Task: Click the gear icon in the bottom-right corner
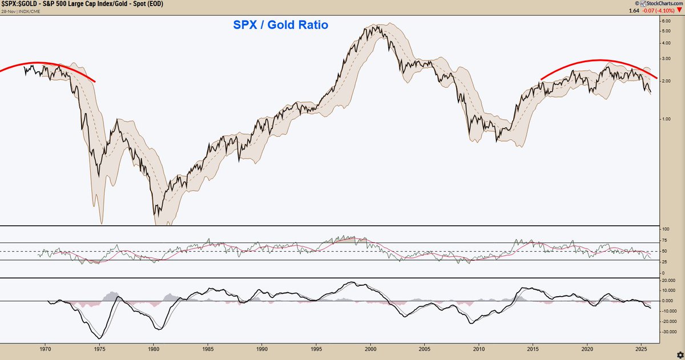(678, 354)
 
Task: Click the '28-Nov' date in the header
(8, 10)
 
